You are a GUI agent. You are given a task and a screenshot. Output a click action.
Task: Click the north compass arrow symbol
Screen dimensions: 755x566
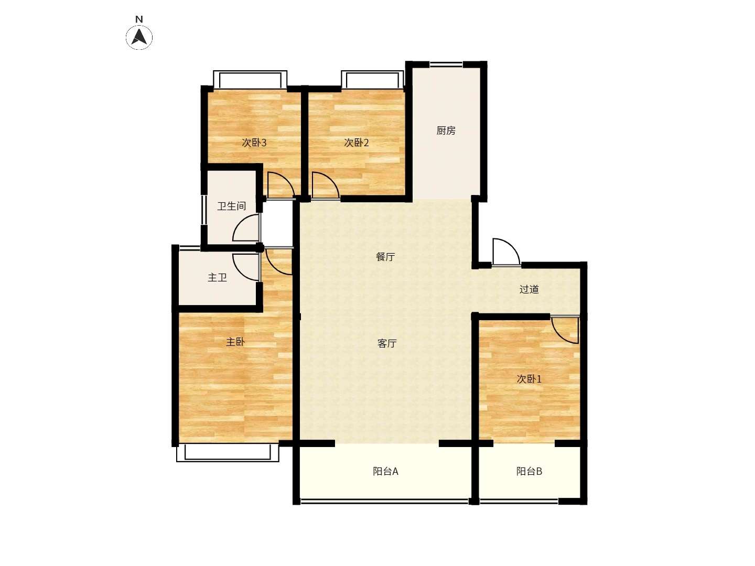tap(139, 37)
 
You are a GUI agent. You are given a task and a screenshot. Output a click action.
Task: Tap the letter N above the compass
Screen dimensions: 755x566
tap(139, 19)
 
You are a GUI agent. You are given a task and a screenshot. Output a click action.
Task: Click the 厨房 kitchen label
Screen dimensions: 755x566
tap(446, 130)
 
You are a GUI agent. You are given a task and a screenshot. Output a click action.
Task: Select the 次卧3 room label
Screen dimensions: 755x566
tap(254, 143)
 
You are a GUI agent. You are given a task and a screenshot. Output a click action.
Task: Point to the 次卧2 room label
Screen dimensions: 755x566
tap(357, 143)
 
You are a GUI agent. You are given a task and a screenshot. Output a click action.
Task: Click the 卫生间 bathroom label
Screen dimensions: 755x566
tap(232, 206)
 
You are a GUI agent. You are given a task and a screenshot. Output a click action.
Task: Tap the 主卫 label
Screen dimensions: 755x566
tap(217, 278)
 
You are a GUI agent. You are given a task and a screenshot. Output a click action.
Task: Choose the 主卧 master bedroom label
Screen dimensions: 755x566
tap(235, 342)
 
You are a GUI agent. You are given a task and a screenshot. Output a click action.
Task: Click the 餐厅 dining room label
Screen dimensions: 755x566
tap(385, 257)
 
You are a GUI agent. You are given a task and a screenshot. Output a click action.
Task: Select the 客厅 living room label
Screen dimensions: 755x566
tap(387, 343)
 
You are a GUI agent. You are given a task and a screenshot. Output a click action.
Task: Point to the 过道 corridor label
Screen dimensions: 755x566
tap(529, 289)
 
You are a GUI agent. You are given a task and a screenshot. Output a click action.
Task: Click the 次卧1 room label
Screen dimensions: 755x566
tap(529, 379)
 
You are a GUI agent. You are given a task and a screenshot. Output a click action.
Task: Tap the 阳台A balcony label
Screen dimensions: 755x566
tap(385, 471)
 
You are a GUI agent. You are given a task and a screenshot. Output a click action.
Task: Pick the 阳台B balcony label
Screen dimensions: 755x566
tap(529, 471)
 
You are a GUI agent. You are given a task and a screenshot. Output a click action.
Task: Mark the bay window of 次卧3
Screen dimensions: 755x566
tap(250, 79)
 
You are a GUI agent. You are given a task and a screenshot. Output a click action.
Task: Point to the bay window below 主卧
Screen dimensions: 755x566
tap(228, 452)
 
